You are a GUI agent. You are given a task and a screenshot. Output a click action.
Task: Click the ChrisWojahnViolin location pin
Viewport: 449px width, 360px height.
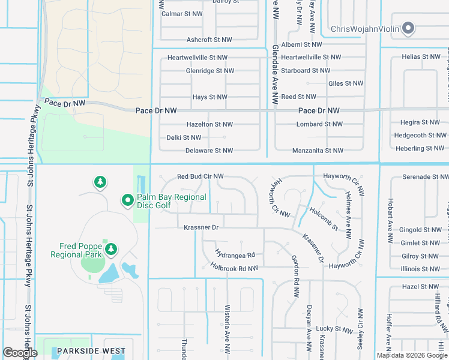409,29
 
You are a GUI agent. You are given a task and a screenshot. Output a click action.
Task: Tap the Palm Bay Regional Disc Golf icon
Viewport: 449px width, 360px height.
127,200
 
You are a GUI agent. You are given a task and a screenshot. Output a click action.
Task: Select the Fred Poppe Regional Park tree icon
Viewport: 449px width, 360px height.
110,248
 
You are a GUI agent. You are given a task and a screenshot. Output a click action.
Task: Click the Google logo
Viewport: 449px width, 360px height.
20,353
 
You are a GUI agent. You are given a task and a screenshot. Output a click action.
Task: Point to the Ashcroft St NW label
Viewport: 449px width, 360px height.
209,40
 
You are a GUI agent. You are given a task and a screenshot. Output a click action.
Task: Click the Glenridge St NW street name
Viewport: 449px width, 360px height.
209,71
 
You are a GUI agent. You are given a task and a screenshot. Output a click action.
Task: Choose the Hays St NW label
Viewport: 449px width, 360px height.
209,97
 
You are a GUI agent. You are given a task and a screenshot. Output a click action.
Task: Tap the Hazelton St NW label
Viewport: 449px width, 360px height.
209,124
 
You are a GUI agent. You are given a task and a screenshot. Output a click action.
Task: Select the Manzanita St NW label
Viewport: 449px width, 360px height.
318,151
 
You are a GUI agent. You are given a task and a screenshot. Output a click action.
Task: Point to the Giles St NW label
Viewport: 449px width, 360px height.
346,84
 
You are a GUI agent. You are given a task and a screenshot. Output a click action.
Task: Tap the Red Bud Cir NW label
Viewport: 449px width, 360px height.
200,176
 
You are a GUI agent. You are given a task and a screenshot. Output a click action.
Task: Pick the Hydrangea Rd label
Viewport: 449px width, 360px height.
235,255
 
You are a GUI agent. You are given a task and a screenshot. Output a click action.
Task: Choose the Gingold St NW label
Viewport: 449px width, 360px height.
420,230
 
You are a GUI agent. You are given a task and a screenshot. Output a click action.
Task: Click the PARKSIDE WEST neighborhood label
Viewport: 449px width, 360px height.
91,351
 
